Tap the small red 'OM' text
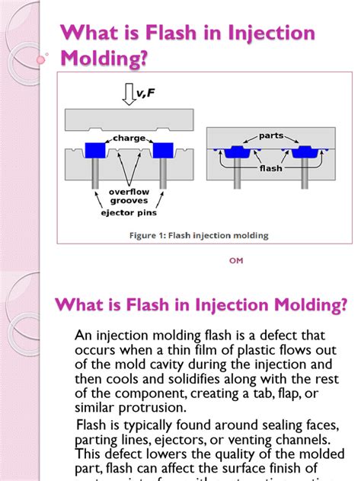pos(235,260)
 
